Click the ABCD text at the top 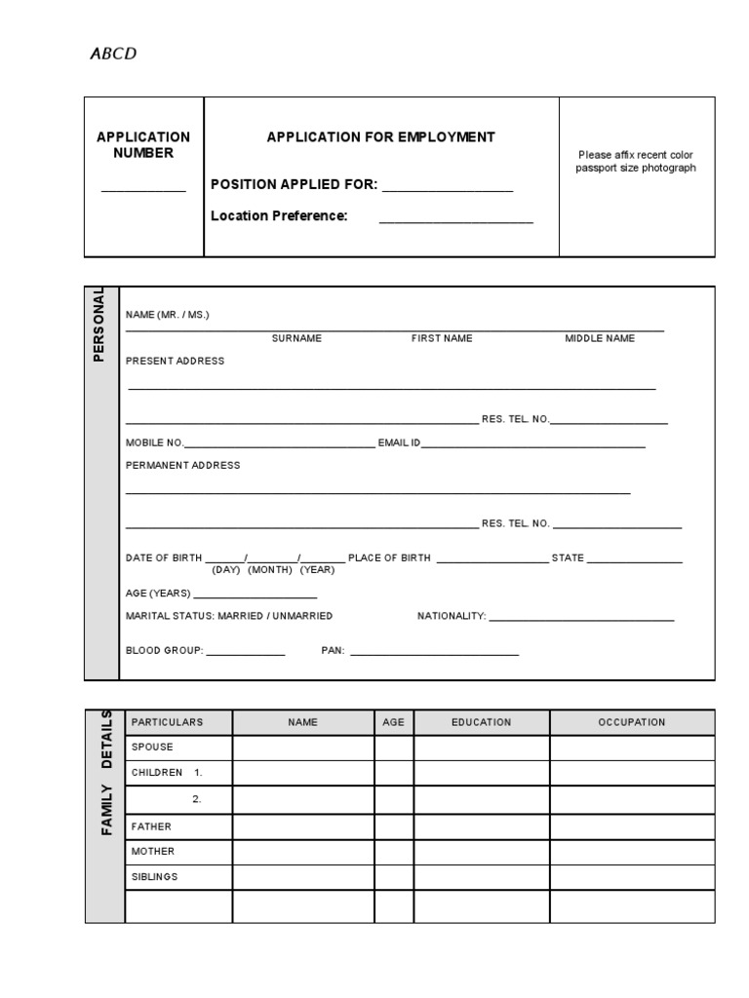[x=113, y=54]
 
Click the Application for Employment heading [x=380, y=137]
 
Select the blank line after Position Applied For [x=448, y=190]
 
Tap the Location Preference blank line [x=455, y=221]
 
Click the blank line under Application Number [x=143, y=189]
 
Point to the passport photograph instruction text [x=636, y=161]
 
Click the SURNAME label [x=296, y=338]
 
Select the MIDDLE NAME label [x=600, y=338]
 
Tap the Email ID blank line [x=533, y=445]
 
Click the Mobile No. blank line [x=279, y=445]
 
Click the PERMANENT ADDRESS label [x=182, y=466]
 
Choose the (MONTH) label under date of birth [x=270, y=569]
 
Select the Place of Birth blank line [x=493, y=561]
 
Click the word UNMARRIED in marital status [x=301, y=616]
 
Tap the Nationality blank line [x=581, y=619]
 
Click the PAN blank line [x=434, y=653]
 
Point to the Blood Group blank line [x=245, y=653]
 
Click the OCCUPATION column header [x=631, y=722]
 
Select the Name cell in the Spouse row [x=302, y=748]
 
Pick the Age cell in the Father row [x=393, y=826]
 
